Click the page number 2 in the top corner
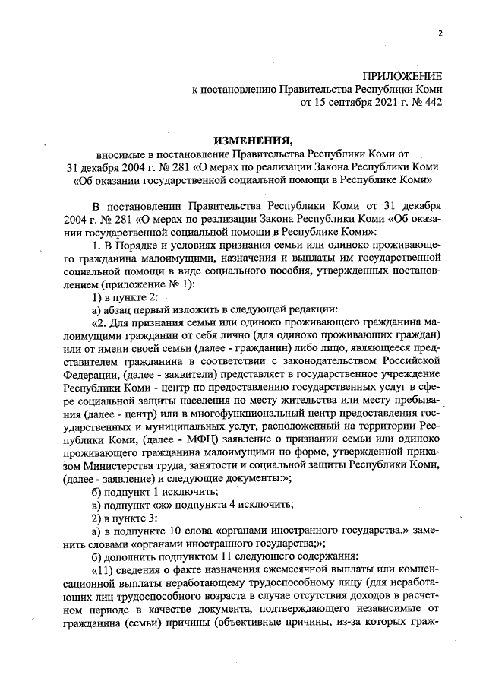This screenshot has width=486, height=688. pos(440,33)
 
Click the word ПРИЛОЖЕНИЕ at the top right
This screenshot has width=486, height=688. pos(402,76)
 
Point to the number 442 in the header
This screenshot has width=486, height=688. pos(431,102)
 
